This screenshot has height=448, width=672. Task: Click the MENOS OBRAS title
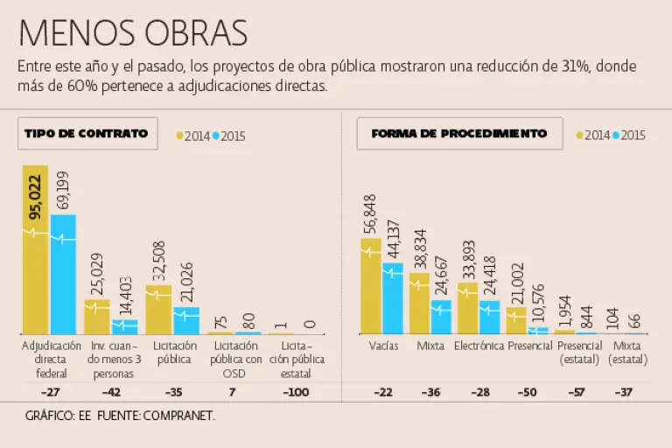click(132, 32)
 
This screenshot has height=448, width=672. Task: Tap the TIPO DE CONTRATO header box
click(86, 134)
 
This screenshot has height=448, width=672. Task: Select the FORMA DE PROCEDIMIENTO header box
click(459, 134)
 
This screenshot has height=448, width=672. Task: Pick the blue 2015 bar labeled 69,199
click(63, 276)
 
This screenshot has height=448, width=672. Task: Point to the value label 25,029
click(96, 273)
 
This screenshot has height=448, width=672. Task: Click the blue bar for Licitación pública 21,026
click(186, 320)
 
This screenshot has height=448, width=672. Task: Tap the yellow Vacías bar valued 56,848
click(371, 287)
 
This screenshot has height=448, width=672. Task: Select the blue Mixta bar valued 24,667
click(441, 317)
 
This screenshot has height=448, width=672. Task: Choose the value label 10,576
click(538, 303)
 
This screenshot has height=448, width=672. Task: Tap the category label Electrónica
click(479, 346)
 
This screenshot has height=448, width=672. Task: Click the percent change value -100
click(297, 392)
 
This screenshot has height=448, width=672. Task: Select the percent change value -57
click(577, 392)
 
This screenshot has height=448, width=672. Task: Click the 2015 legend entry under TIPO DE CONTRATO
click(230, 136)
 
